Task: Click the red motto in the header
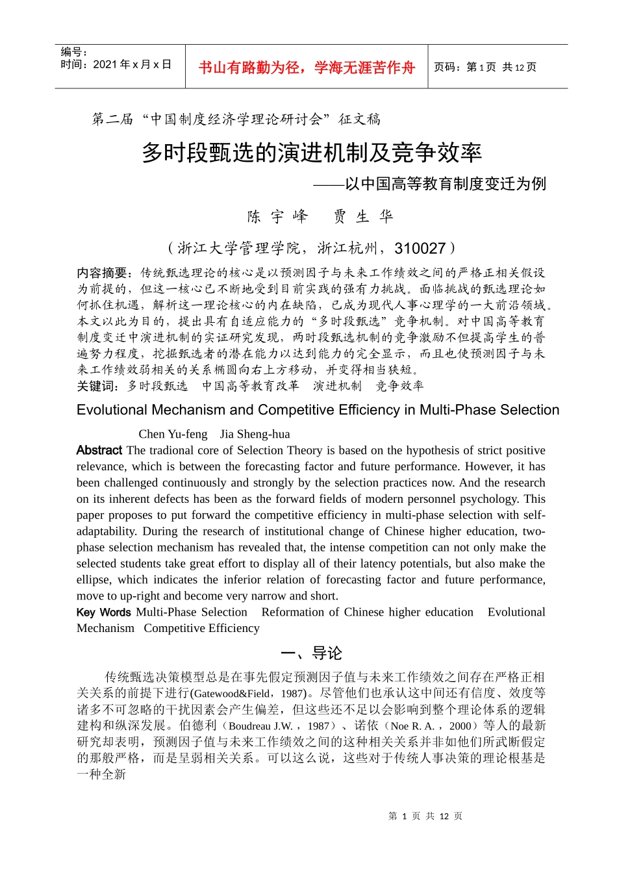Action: coord(307,68)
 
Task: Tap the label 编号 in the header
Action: coord(73,52)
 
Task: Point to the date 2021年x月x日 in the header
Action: coord(132,64)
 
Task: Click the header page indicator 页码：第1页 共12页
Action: coord(485,67)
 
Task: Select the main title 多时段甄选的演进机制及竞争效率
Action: coord(312,153)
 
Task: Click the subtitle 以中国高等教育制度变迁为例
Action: coord(446,184)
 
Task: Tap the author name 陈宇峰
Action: coord(277,216)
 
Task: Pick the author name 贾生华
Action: coord(364,216)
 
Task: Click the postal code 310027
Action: coord(420,248)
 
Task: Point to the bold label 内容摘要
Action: coord(105,273)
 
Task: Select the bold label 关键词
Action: coord(97,386)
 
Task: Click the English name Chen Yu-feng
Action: coord(173,434)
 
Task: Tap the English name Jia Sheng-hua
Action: coord(255,434)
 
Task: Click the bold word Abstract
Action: coord(99,450)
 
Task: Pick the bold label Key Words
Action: coord(103,612)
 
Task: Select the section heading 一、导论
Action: coord(311,653)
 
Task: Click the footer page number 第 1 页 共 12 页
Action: coord(425,816)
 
